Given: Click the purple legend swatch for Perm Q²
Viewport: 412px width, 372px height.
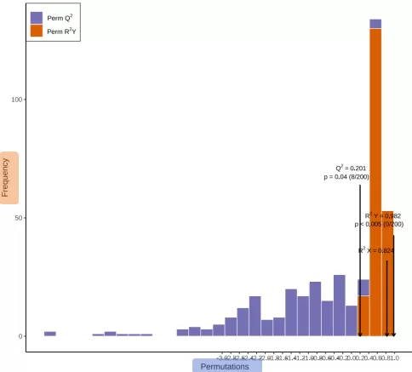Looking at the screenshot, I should [x=37, y=17].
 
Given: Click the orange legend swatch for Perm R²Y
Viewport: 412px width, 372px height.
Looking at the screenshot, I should [x=37, y=31].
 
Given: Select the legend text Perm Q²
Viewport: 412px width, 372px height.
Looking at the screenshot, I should [x=60, y=17].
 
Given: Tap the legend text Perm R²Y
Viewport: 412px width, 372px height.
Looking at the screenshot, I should [x=61, y=31].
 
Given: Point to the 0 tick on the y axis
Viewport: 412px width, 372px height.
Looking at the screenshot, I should [x=20, y=336].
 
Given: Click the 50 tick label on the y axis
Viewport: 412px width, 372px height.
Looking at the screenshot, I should [x=17, y=218].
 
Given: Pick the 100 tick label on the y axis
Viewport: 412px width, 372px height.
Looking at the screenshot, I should [x=15, y=100].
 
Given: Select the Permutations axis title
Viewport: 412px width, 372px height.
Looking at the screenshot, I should [x=225, y=366].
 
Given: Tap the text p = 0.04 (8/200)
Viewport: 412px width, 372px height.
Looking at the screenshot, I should [x=346, y=177].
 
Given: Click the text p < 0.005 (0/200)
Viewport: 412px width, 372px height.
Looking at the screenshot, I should [x=378, y=225].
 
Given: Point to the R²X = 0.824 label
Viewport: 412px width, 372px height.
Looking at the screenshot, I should [x=375, y=251].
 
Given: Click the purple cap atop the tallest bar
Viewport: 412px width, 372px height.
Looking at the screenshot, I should [x=375, y=24].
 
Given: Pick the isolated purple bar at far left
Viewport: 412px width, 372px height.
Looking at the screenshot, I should [x=50, y=334].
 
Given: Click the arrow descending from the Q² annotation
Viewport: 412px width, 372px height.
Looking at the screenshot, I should [x=360, y=255].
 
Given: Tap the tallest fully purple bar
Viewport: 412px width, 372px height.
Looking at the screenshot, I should [x=339, y=306].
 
